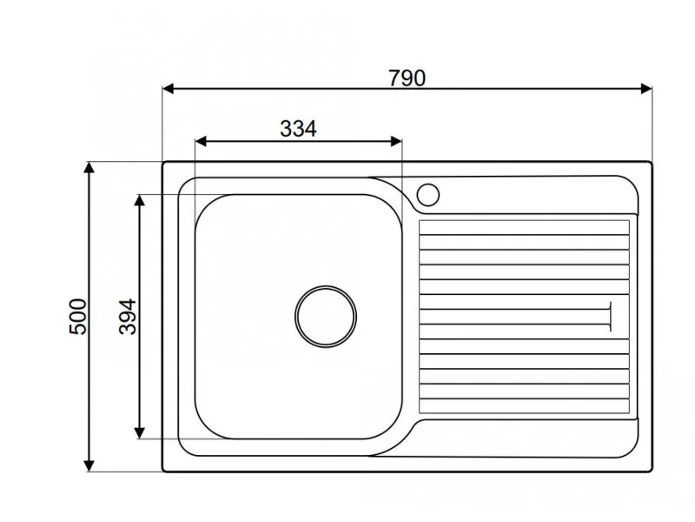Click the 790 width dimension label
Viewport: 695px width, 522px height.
click(407, 78)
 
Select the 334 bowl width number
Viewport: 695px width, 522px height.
click(298, 129)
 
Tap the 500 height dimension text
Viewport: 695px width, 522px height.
click(78, 317)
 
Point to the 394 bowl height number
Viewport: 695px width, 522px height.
click(128, 317)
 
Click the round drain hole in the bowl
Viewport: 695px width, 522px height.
click(326, 317)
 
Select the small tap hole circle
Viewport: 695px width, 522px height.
click(428, 195)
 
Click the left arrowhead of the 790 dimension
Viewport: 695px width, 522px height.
click(169, 89)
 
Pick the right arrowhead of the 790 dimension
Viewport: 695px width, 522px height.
click(646, 89)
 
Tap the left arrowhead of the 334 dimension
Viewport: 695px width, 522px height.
click(201, 142)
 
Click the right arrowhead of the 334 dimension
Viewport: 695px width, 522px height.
click(396, 142)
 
